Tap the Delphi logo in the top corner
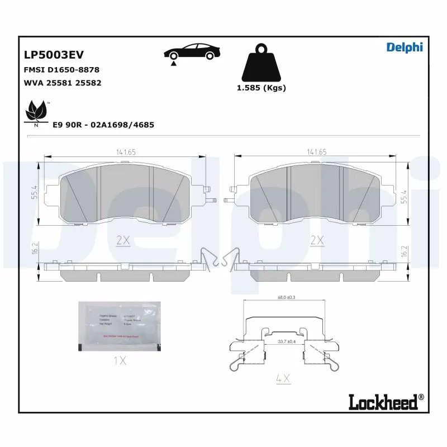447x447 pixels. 405,47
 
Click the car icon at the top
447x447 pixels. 190,53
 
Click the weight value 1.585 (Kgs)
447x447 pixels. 261,88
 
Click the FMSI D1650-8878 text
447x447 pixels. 61,70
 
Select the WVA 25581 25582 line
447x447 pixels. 62,83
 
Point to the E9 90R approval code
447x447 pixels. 103,125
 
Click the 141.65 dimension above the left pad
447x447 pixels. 126,151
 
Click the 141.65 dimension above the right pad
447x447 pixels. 316,151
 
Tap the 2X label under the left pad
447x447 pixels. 122,240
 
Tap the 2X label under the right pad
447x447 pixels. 317,240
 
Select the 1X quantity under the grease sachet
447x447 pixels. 120,361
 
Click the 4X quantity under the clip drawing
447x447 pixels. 284,378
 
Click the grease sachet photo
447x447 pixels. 119,326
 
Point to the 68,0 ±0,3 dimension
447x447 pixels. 285,298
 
